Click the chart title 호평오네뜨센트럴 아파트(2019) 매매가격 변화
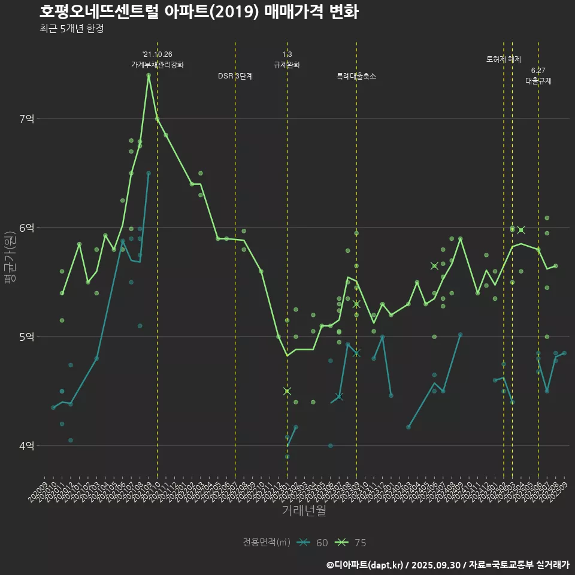tap(199, 12)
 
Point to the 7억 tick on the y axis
tap(27, 119)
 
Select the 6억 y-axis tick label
tap(27, 228)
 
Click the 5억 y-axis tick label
tap(27, 337)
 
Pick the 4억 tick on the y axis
tap(27, 446)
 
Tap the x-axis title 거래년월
tap(304, 511)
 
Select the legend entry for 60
tap(313, 543)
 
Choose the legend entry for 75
tap(352, 543)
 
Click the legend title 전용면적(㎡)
tap(267, 543)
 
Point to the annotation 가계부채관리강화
tap(158, 65)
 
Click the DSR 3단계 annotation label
tap(235, 76)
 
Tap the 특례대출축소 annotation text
tap(356, 76)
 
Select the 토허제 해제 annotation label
tap(504, 59)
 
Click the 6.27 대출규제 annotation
tap(538, 76)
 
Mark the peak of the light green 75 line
tap(149, 75)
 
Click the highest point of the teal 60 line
tap(149, 174)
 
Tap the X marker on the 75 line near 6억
tap(521, 230)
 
